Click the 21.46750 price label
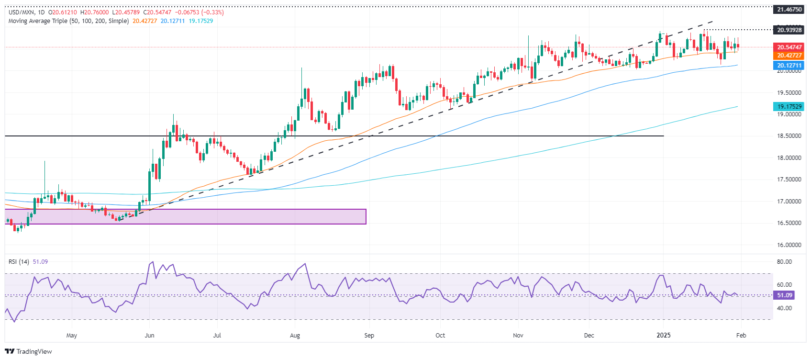point(789,10)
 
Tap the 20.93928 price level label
point(789,30)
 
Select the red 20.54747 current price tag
point(789,47)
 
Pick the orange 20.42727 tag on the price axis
point(789,56)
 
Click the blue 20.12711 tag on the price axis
point(789,66)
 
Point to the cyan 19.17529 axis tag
point(789,107)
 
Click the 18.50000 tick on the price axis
point(789,136)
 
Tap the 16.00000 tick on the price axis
point(789,245)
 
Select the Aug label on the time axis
point(295,335)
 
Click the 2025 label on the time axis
point(663,335)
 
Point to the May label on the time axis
point(71,335)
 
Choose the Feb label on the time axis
point(741,335)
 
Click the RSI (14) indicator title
point(19,262)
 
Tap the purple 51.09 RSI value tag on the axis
point(785,295)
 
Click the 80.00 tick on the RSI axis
point(784,262)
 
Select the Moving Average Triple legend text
point(68,21)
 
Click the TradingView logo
point(28,351)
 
